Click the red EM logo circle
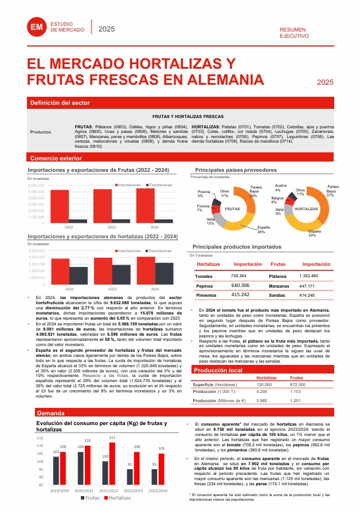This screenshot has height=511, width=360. pyautogui.click(x=37, y=27)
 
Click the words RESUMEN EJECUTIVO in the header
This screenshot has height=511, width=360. pyautogui.click(x=293, y=32)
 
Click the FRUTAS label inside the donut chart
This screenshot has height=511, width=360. pyautogui.click(x=232, y=210)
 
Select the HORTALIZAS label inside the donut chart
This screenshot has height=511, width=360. pyautogui.click(x=305, y=209)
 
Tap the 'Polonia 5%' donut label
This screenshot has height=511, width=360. pyautogui.click(x=204, y=194)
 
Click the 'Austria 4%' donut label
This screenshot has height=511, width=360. pyautogui.click(x=281, y=188)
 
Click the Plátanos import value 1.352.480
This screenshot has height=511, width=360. pyautogui.click(x=308, y=276)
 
